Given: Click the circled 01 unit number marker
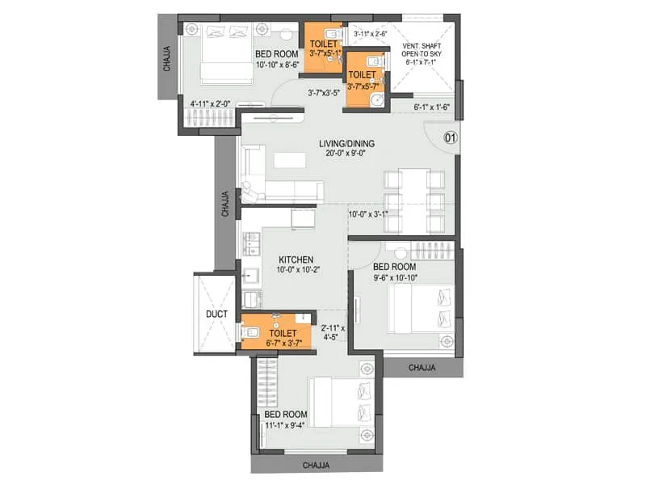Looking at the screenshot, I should (x=450, y=137).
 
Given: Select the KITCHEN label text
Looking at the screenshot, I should (x=273, y=259).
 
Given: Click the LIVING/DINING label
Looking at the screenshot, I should (x=350, y=144).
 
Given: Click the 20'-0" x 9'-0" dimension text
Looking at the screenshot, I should (x=350, y=154).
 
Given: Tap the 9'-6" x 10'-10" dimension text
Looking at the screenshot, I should (x=394, y=277).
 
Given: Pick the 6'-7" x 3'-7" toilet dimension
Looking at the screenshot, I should (x=282, y=343).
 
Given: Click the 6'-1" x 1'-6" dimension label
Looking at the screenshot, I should (x=432, y=107).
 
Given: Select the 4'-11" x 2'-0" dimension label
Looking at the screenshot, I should (x=210, y=103).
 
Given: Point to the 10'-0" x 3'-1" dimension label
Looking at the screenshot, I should (x=368, y=214).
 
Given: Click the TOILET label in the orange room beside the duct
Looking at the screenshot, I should (x=283, y=332).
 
